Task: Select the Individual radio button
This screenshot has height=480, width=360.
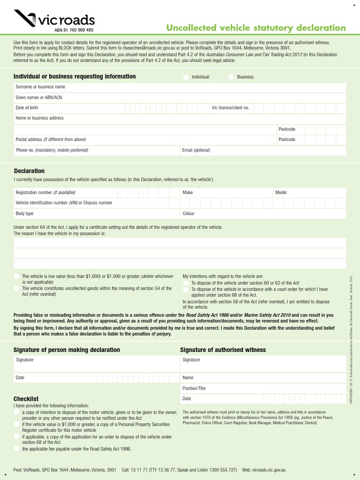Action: click(x=186, y=77)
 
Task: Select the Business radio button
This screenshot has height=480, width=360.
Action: click(x=232, y=77)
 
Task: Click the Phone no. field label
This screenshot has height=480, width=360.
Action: click(x=52, y=150)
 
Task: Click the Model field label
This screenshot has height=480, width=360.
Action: click(x=281, y=193)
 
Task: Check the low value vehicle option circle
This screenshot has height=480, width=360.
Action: click(x=17, y=277)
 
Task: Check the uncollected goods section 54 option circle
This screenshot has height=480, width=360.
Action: click(x=17, y=289)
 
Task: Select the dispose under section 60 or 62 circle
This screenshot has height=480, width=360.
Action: click(x=186, y=283)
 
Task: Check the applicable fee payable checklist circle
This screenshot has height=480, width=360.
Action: click(x=17, y=449)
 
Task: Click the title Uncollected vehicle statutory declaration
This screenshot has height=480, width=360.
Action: click(x=256, y=28)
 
